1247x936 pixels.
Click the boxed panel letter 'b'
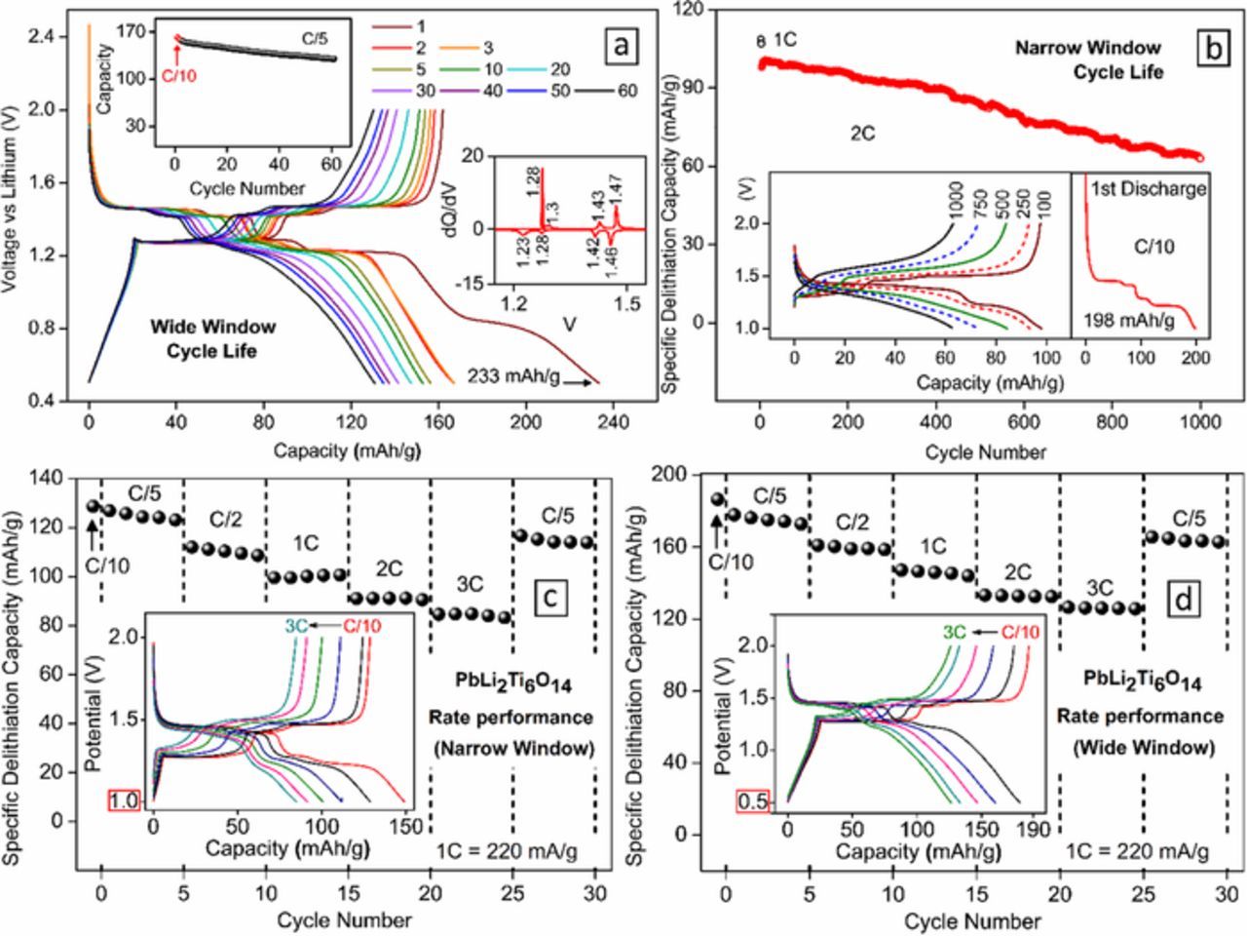(x=1212, y=47)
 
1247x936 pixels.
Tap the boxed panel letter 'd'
(x=1183, y=598)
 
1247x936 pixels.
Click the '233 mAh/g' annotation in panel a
(x=513, y=375)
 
